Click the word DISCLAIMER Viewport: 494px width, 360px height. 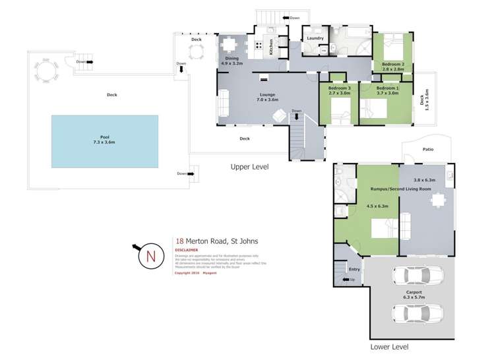(187, 251)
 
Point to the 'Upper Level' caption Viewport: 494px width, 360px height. (249, 167)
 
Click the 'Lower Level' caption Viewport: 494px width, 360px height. (390, 346)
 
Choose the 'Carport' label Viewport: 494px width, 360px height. (414, 291)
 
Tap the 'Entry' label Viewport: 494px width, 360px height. (354, 269)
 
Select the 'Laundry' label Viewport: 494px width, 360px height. (315, 38)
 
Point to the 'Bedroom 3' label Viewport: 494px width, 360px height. (339, 88)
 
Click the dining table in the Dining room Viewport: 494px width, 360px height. (229, 45)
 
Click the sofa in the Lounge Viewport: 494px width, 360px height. (224, 104)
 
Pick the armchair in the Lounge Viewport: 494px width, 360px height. (280, 117)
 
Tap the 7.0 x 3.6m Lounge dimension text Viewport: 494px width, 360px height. (268, 100)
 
